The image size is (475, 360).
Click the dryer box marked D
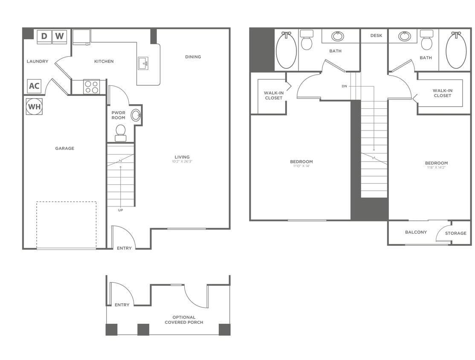(44, 37)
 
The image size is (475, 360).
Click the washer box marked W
(59, 37)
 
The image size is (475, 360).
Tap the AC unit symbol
(34, 86)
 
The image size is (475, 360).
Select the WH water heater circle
(34, 107)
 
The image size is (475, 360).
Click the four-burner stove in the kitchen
(91, 87)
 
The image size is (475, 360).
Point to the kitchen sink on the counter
(143, 63)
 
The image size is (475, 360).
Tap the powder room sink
(136, 115)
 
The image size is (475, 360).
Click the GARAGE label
(64, 148)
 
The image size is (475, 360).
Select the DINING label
(193, 57)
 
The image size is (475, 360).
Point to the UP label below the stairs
(121, 210)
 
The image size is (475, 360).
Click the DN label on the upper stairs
(344, 86)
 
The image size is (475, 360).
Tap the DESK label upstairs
(376, 36)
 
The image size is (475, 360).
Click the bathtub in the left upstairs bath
(286, 51)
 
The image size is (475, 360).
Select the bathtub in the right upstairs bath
(456, 50)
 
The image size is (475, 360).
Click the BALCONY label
(416, 232)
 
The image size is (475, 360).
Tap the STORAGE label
(455, 233)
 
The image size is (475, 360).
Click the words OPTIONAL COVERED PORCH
(184, 320)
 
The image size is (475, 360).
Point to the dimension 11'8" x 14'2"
(436, 168)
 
